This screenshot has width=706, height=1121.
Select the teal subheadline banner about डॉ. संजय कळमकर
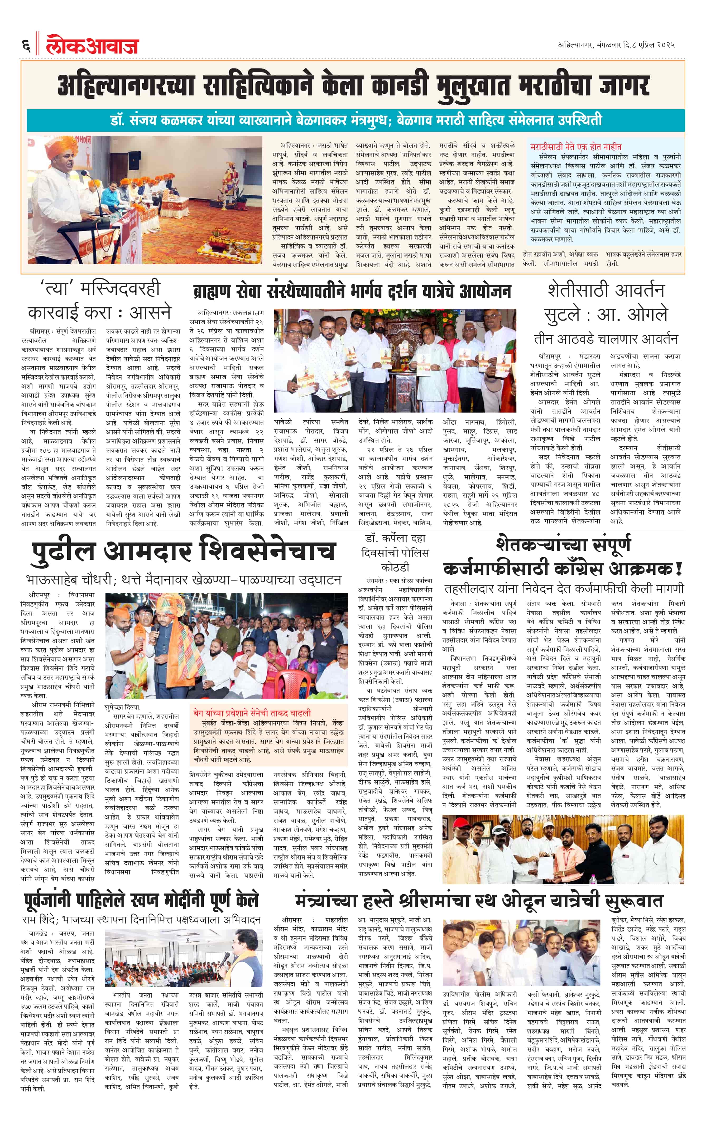tap(355, 120)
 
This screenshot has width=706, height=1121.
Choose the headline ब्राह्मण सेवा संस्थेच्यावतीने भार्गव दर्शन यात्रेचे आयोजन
tap(352, 292)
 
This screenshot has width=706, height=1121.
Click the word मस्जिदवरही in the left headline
tap(120, 289)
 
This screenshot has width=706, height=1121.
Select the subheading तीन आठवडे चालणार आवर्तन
tap(606, 339)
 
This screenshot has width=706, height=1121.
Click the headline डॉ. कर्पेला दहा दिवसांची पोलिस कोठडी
tap(395, 553)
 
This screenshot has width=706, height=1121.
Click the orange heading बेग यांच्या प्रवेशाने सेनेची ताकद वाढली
tap(252, 713)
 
